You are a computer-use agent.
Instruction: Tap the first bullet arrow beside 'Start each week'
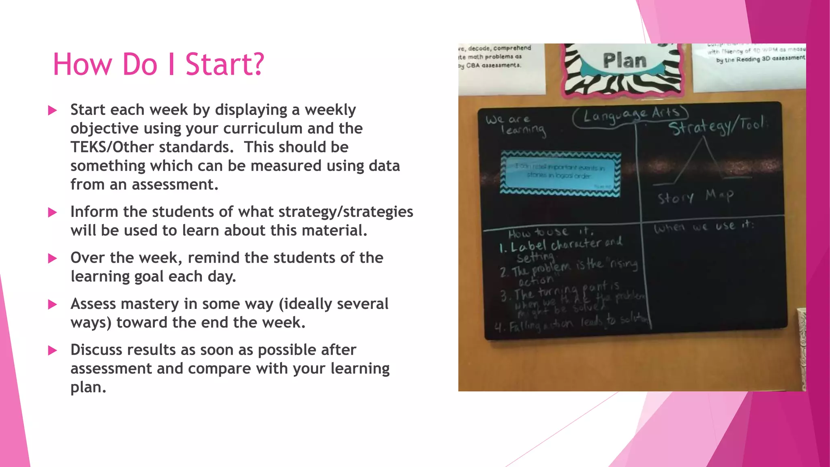tap(52, 110)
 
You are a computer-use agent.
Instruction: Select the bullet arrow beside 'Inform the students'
tap(52, 212)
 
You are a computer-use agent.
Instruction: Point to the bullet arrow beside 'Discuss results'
tap(52, 350)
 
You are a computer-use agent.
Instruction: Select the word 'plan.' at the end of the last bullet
tap(88, 388)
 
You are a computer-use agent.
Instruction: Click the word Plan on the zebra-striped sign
tap(625, 61)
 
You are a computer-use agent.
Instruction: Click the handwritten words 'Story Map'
tap(695, 197)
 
